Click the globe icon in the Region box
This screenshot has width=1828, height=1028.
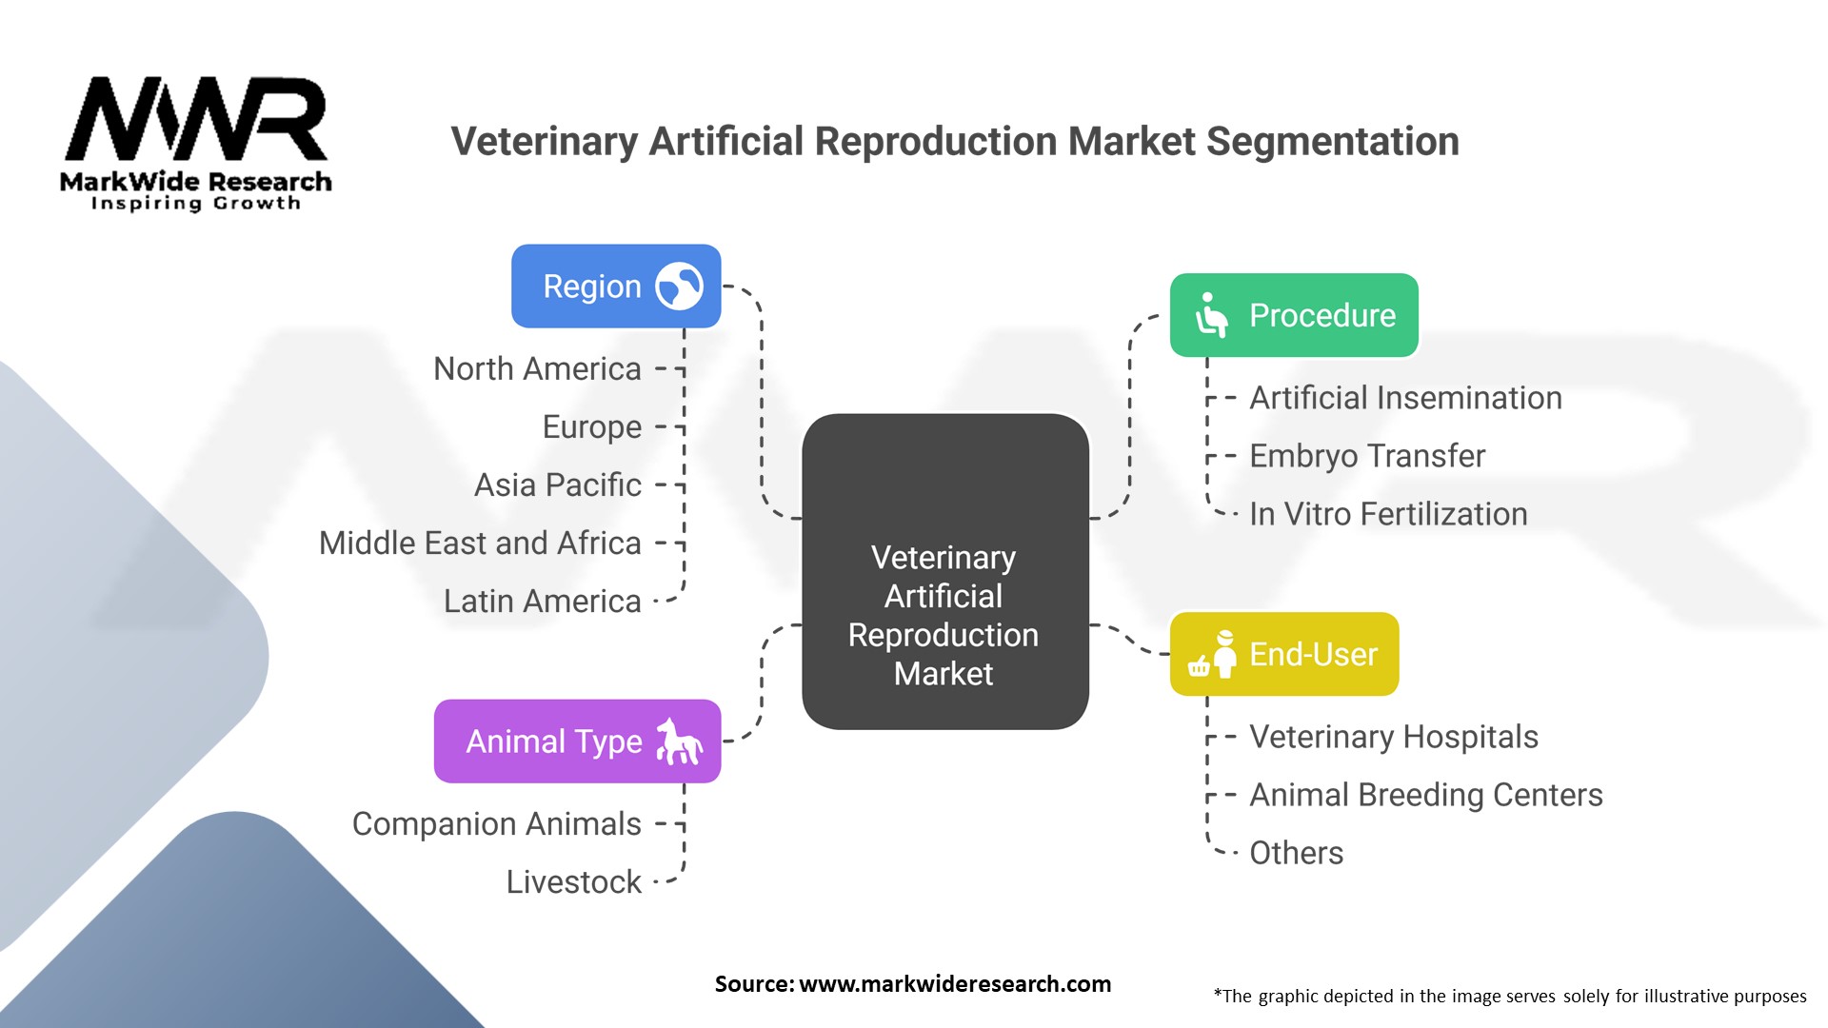coord(679,287)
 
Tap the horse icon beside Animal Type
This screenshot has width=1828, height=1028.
coord(679,741)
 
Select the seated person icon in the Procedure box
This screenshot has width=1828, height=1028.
coord(1211,315)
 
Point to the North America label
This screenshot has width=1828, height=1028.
coord(537,369)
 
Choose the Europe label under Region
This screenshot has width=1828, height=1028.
coord(591,427)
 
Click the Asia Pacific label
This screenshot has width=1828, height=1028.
coord(558,485)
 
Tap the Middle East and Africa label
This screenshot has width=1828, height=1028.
coord(480,544)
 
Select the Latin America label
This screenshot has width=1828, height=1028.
coord(542,602)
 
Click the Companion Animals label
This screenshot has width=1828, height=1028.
coord(496,824)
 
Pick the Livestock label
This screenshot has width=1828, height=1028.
coord(573,882)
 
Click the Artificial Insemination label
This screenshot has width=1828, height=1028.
coord(1405,398)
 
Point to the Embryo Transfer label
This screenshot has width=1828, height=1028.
coord(1367,456)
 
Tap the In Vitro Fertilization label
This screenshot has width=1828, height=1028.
coord(1388,514)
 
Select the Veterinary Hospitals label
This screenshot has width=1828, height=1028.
coord(1393,737)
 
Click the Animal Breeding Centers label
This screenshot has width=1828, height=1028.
coord(1425,795)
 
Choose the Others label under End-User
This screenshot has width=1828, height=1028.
coord(1296,853)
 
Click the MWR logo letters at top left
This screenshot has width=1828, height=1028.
coord(196,119)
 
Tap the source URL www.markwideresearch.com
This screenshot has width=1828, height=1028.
coord(954,984)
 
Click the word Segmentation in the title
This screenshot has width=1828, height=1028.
coord(1333,142)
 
